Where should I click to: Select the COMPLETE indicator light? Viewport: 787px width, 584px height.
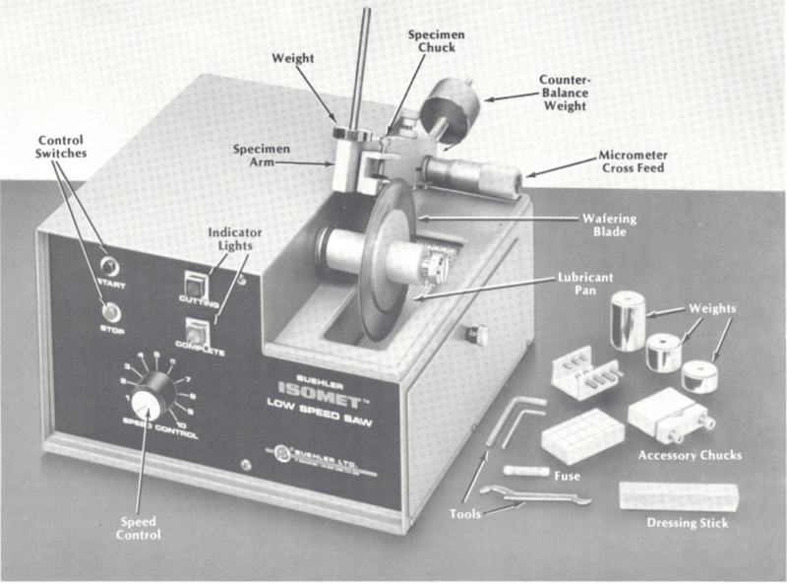click(x=200, y=330)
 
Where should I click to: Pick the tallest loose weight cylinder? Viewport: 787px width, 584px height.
click(x=627, y=319)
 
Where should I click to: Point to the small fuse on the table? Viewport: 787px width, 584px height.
click(x=524, y=471)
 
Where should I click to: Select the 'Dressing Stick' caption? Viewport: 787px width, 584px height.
click(x=688, y=523)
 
